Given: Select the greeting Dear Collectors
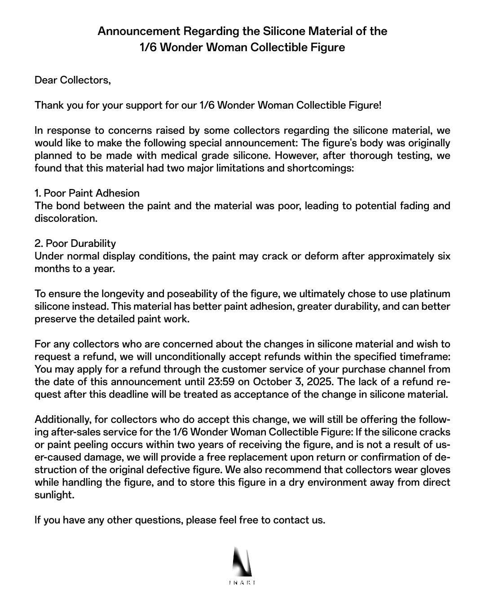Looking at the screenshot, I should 72,80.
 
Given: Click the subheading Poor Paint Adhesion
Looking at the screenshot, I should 87,193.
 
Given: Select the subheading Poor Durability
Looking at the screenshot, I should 75,244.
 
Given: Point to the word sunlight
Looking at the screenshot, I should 53,495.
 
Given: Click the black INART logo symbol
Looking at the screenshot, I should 242,561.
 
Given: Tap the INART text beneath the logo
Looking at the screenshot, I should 242,583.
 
